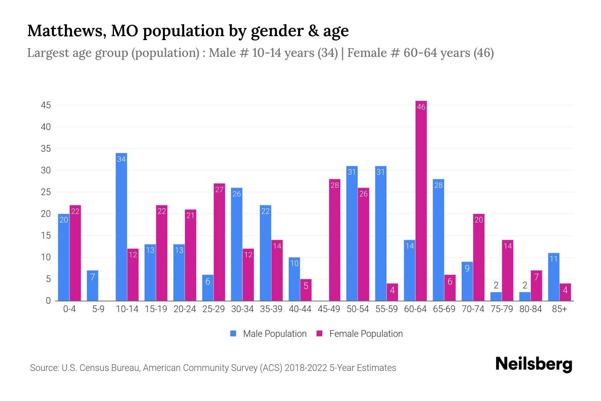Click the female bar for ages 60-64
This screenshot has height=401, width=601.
coord(421,200)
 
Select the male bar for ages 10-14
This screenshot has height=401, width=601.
coord(121,227)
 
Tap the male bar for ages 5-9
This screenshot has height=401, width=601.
coord(92,286)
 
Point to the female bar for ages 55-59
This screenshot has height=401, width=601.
coord(392,292)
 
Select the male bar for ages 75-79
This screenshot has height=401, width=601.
coord(496,296)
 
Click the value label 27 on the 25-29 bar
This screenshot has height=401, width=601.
coord(219,190)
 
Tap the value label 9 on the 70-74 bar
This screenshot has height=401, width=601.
coord(467,268)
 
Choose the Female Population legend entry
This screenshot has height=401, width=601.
coord(360,334)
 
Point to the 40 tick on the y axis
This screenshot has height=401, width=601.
coord(46,127)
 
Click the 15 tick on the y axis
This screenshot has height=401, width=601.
coord(46,236)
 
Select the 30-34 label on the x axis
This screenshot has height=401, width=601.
coord(242,309)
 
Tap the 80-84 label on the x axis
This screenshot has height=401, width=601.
coord(531,309)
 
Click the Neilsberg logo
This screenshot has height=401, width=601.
coord(534,364)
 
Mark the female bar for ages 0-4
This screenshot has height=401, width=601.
coord(75,253)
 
